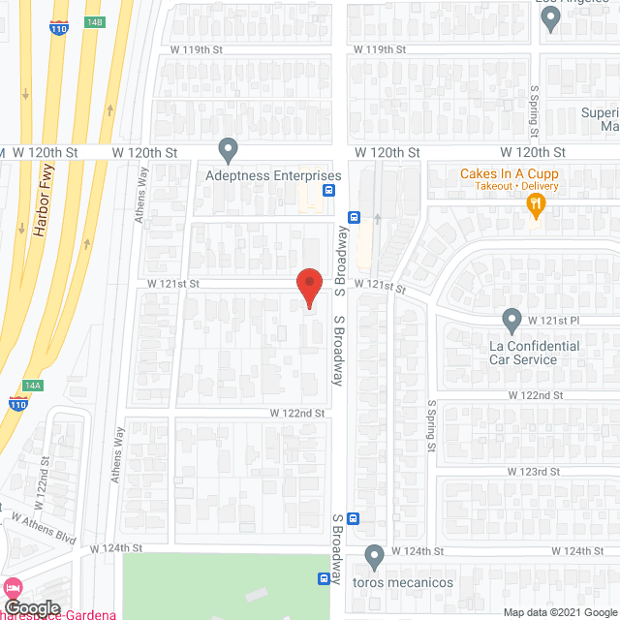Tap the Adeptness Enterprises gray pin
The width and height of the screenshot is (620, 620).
(x=228, y=150)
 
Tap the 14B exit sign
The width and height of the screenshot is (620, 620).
(x=93, y=22)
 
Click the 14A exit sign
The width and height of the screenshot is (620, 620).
(x=33, y=385)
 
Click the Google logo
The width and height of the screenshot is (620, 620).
(x=33, y=606)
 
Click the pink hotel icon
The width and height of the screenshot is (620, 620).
(x=12, y=588)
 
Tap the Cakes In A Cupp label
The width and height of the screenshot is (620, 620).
(x=509, y=174)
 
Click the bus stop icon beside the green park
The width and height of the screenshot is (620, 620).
(x=324, y=579)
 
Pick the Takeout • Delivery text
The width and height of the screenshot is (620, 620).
(x=509, y=186)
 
